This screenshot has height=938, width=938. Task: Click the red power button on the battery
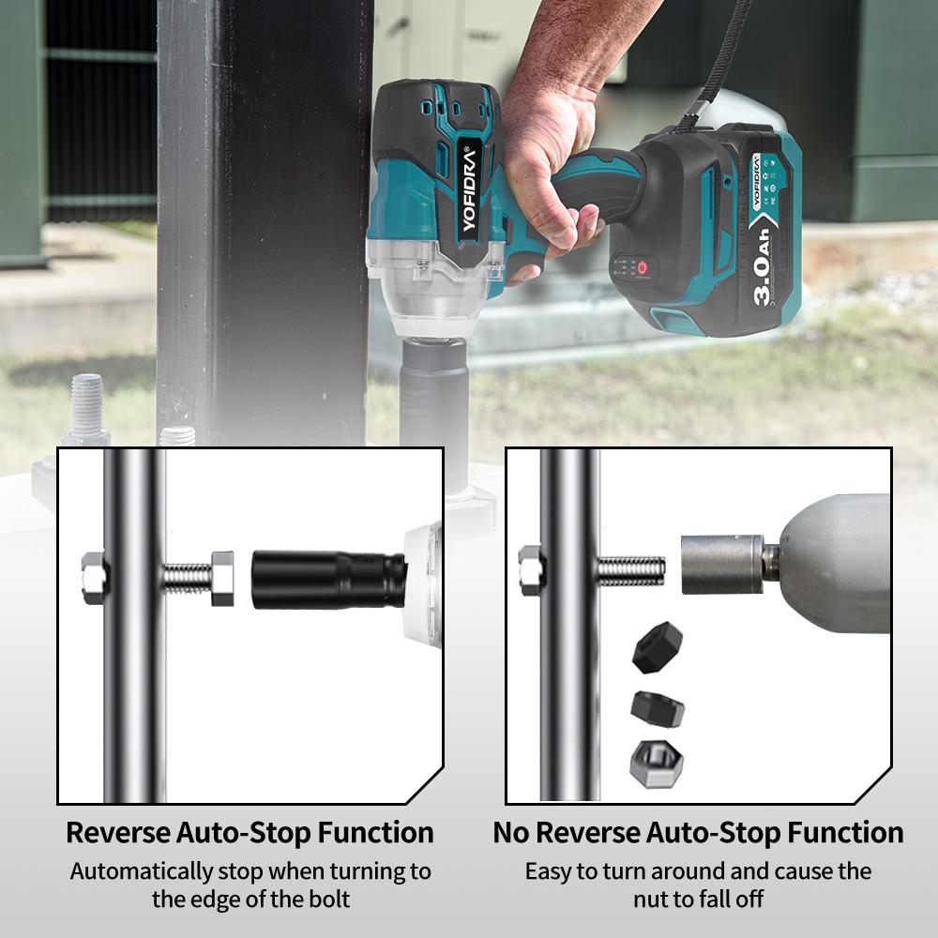[642, 267]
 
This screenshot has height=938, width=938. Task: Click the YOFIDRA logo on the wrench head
[469, 189]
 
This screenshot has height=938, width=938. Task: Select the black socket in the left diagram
[328, 581]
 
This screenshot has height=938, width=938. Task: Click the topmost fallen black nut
[658, 647]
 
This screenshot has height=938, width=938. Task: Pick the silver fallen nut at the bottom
[657, 764]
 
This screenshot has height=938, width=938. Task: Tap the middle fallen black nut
[658, 709]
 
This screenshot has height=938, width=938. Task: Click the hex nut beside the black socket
[222, 578]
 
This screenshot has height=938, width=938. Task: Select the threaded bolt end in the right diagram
[631, 570]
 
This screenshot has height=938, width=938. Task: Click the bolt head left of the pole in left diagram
[93, 578]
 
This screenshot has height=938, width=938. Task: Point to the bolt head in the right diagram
[530, 570]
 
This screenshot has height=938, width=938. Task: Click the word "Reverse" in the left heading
[118, 833]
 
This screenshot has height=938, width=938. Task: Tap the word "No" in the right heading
[511, 833]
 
